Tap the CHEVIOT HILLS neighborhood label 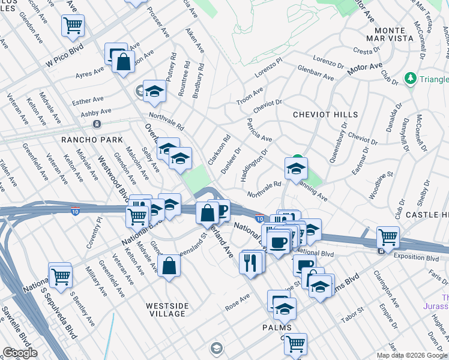click(325, 114)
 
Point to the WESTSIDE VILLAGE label click(167, 310)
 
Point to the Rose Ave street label click(237, 298)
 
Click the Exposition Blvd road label click(414, 256)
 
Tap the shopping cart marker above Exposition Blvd click(388, 237)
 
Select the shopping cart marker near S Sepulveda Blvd click(60, 275)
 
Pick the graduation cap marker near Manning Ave click(296, 169)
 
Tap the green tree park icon click(411, 78)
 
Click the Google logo click(20, 353)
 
